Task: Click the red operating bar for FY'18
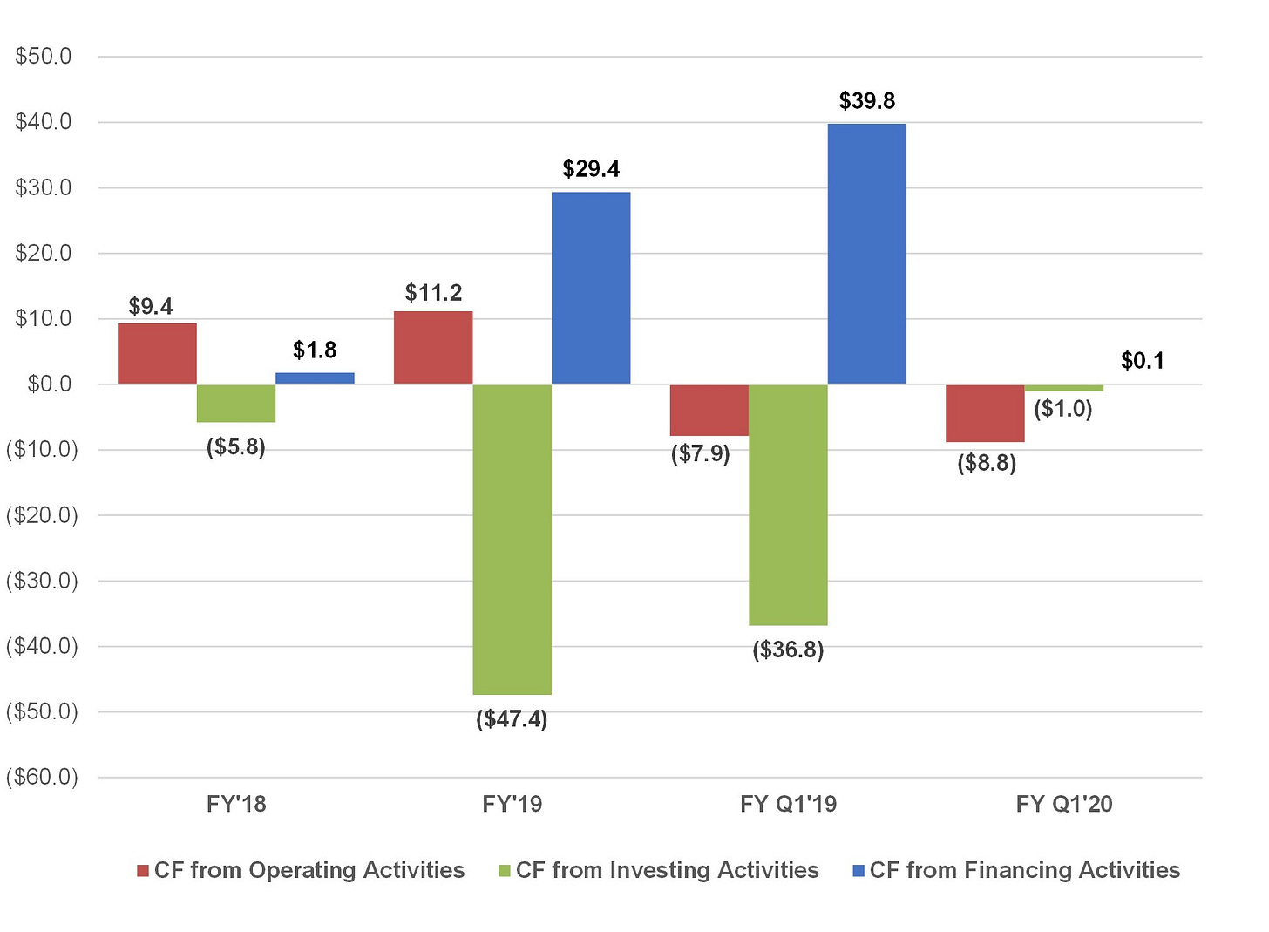pyautogui.click(x=157, y=354)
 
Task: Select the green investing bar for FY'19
pyautogui.click(x=512, y=540)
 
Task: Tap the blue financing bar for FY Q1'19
pyautogui.click(x=866, y=254)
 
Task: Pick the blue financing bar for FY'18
pyautogui.click(x=315, y=378)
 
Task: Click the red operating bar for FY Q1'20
pyautogui.click(x=985, y=413)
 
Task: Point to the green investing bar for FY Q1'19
pyautogui.click(x=788, y=505)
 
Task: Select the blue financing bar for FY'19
pyautogui.click(x=591, y=289)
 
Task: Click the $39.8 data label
pyautogui.click(x=866, y=101)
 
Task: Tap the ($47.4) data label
pyautogui.click(x=512, y=719)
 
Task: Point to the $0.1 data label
pyautogui.click(x=1143, y=361)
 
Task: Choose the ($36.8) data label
pyautogui.click(x=788, y=650)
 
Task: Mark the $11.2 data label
pyautogui.click(x=433, y=293)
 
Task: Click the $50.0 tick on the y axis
pyautogui.click(x=44, y=56)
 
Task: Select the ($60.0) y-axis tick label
pyautogui.click(x=42, y=777)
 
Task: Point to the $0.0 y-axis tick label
pyautogui.click(x=50, y=384)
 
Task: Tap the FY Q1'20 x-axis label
pyautogui.click(x=1064, y=804)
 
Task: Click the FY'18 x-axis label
pyautogui.click(x=236, y=804)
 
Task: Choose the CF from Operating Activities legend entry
pyautogui.click(x=301, y=870)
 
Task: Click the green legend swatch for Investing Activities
pyautogui.click(x=504, y=871)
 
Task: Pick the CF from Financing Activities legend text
pyautogui.click(x=1025, y=870)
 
